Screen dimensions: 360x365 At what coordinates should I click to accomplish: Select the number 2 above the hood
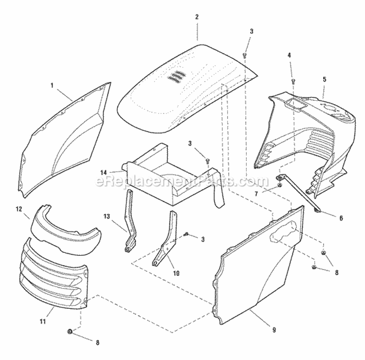[x=197, y=17]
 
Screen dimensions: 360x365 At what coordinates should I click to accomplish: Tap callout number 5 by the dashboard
[x=324, y=79]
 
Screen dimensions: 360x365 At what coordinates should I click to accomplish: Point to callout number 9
[x=274, y=330]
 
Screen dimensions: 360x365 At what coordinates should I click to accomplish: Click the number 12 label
[x=19, y=209]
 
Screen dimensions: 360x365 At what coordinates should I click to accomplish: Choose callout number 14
[x=103, y=172]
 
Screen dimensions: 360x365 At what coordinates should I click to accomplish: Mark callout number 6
[x=341, y=218]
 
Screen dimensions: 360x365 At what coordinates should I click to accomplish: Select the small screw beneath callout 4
[x=293, y=81]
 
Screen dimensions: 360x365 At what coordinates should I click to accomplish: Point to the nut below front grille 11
[x=70, y=332]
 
